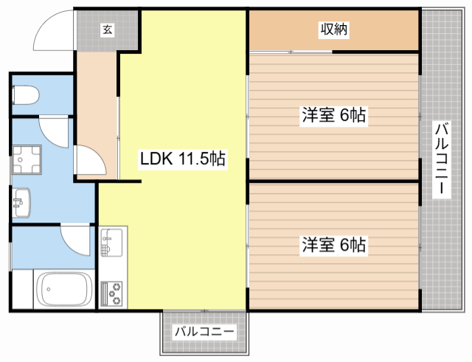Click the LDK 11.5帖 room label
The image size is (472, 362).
183,159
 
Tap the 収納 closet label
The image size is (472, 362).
334,29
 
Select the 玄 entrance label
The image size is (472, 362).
108,29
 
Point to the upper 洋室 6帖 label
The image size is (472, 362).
334,115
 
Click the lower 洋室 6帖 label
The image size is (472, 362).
334,245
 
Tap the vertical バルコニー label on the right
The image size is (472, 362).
441,159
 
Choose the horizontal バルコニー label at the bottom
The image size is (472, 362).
204,332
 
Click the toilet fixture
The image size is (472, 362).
25,95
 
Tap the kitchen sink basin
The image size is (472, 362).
111,243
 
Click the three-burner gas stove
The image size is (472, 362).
111,293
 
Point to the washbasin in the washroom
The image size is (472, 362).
21,203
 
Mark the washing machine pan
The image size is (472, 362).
27,159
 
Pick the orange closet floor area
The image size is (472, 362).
334,30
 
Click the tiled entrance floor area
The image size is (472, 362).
107,31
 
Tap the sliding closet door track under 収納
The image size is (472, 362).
291,52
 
